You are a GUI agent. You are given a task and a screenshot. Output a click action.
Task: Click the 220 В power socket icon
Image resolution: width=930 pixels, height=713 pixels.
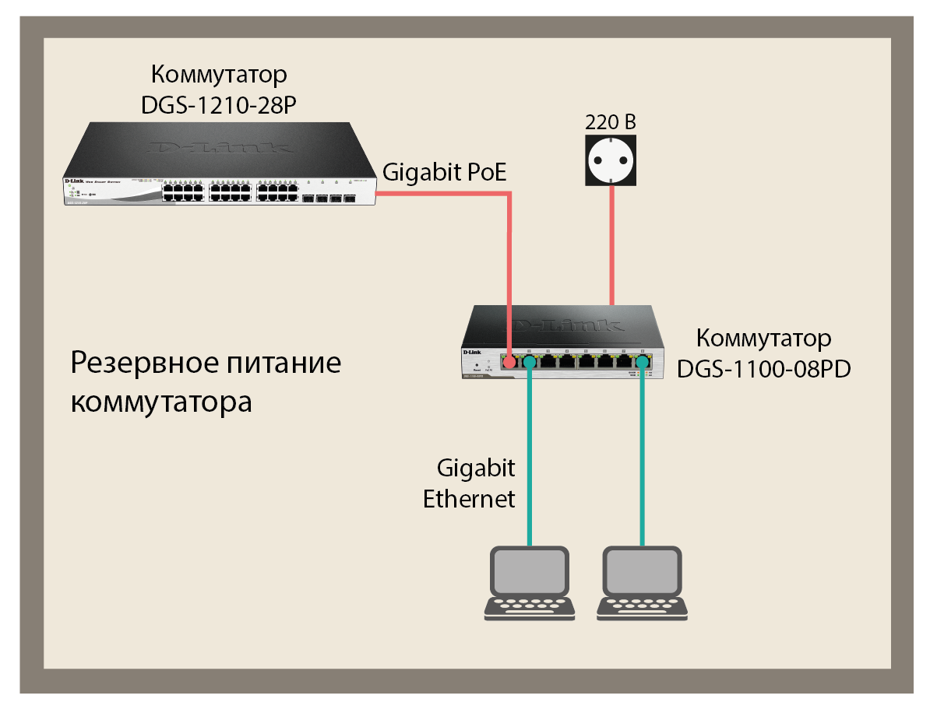tap(611, 160)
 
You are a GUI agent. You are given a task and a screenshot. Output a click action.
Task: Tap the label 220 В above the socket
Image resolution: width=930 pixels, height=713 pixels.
tap(611, 122)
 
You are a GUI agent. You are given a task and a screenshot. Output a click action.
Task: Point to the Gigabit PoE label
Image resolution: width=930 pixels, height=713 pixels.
tap(445, 173)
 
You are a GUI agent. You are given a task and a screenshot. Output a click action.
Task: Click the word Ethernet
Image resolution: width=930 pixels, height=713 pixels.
tap(469, 498)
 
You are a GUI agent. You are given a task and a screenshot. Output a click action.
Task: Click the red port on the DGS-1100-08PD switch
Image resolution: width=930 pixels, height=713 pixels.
tap(508, 363)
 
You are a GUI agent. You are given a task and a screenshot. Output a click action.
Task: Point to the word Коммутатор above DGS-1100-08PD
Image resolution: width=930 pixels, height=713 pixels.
tap(763, 339)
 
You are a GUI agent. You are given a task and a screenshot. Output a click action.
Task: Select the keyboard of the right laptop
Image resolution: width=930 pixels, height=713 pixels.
tap(643, 606)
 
